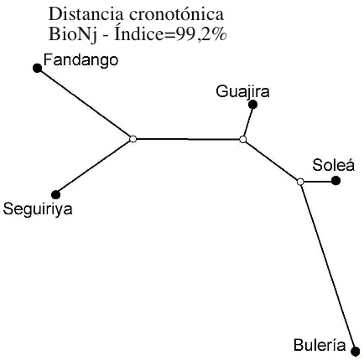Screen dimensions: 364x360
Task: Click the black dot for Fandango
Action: [x=37, y=68]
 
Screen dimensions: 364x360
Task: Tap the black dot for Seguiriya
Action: [x=56, y=194]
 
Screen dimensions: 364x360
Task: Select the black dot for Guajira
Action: [x=252, y=105]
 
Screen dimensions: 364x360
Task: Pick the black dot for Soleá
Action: [x=335, y=181]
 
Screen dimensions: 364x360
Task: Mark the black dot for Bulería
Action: [x=356, y=351]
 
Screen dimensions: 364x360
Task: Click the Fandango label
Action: [x=81, y=60]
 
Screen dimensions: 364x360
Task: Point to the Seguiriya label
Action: [x=38, y=209]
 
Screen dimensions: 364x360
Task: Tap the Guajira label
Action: [x=242, y=91]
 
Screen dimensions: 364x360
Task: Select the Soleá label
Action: [x=333, y=165]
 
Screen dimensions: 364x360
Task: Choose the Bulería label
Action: [x=320, y=345]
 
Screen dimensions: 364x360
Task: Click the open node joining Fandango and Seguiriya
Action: [x=133, y=139]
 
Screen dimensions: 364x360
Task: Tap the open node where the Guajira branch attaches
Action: [x=243, y=139]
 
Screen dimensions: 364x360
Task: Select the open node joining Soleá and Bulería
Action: [x=300, y=182]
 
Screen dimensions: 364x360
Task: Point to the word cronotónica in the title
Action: [x=176, y=15]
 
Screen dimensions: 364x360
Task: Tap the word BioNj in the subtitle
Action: [x=73, y=34]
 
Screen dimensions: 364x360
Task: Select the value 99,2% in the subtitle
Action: [x=200, y=35]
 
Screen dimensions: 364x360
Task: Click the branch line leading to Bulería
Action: [x=328, y=266]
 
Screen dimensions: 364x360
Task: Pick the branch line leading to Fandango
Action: [x=85, y=103]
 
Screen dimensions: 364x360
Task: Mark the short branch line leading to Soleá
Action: [x=317, y=182]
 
